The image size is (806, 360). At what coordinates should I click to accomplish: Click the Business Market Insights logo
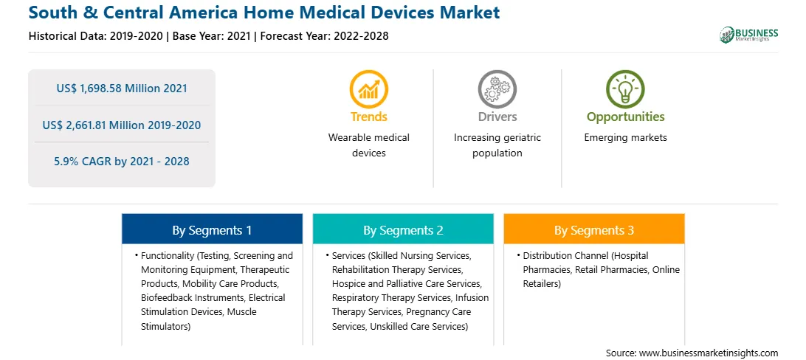(748, 35)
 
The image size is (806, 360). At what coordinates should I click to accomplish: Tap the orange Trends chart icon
(368, 89)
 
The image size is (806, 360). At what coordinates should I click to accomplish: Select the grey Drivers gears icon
(497, 89)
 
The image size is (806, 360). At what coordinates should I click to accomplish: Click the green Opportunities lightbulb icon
(625, 89)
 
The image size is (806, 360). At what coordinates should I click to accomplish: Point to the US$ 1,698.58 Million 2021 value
(122, 89)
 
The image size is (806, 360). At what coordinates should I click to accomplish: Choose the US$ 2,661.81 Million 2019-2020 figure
(122, 125)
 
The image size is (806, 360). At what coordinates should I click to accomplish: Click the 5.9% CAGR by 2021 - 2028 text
(122, 162)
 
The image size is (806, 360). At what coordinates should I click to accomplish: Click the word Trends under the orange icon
(368, 117)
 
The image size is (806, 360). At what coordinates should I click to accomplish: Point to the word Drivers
(497, 117)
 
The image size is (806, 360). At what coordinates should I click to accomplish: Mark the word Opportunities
(626, 117)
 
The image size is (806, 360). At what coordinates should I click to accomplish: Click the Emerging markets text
(626, 138)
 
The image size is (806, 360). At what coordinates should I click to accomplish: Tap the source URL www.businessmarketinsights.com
(709, 353)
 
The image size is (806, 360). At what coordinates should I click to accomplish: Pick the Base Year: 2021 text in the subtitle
(212, 36)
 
